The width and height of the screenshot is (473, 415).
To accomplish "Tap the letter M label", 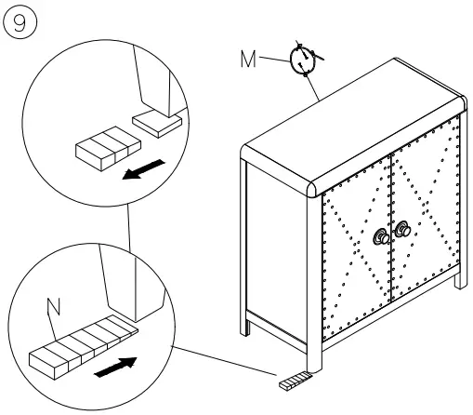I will (248, 60).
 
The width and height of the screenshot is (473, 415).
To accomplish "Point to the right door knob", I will (402, 230).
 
